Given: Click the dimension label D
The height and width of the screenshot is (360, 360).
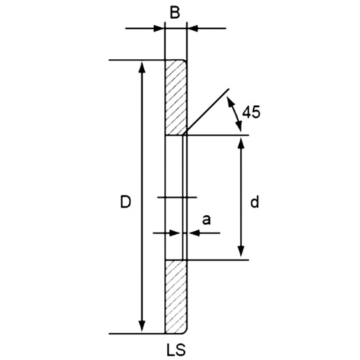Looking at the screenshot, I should coord(125,202).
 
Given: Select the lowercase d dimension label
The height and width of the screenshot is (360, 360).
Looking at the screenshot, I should coord(255,202).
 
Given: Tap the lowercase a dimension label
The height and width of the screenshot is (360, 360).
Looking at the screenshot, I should coord(206,220).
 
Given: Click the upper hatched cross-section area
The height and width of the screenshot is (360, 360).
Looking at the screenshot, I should coord(175,97).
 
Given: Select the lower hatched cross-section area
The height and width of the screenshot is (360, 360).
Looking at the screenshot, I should coord(175,296).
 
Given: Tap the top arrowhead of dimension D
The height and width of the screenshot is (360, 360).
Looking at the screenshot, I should coord(142,66).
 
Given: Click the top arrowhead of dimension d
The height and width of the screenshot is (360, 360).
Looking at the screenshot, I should coord(241,142).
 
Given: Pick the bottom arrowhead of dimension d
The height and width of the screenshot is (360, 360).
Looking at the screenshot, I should coord(241,254).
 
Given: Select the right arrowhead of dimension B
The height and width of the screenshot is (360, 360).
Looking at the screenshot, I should coord(191,29).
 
